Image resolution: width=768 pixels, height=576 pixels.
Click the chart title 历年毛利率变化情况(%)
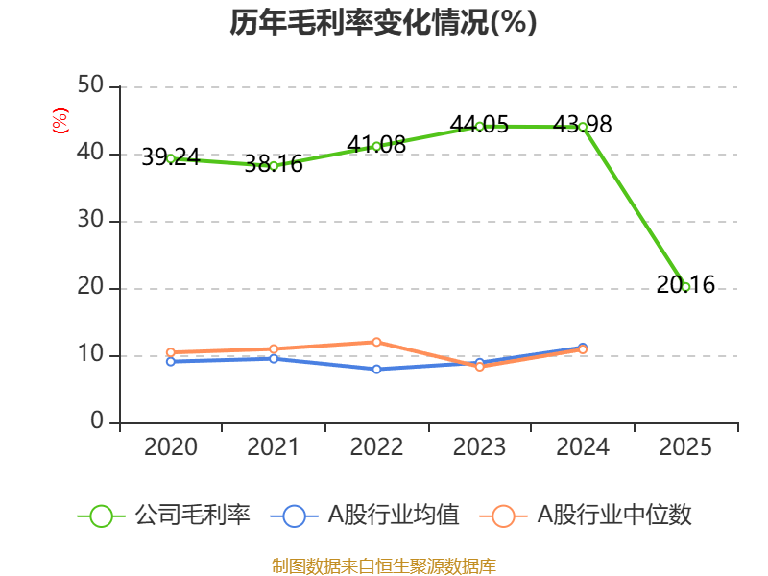coord(383,22)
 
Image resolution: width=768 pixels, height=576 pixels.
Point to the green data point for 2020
coord(171,158)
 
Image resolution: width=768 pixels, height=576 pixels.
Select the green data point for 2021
coord(274,166)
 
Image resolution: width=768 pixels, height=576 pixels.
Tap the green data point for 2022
coord(376,146)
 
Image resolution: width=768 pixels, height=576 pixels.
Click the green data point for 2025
coord(685,286)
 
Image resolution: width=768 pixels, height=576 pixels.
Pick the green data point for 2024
coord(583,127)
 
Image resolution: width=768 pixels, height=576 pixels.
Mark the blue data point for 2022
coord(376,369)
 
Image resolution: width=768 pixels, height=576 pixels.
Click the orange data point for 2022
coord(376,342)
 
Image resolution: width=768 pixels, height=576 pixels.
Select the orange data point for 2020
coord(171,352)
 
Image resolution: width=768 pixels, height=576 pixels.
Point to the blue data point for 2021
coord(274,359)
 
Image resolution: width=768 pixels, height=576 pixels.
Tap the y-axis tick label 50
coord(91,86)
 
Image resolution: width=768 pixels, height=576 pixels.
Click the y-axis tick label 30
coord(91,221)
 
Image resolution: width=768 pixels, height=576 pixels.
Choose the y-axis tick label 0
coord(98,422)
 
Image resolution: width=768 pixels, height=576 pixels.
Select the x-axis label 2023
coord(479,447)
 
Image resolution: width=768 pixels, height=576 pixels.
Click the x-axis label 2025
coord(685,447)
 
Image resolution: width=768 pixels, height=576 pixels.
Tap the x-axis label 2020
coord(171,447)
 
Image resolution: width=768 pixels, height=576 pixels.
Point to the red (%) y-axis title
coord(60,122)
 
